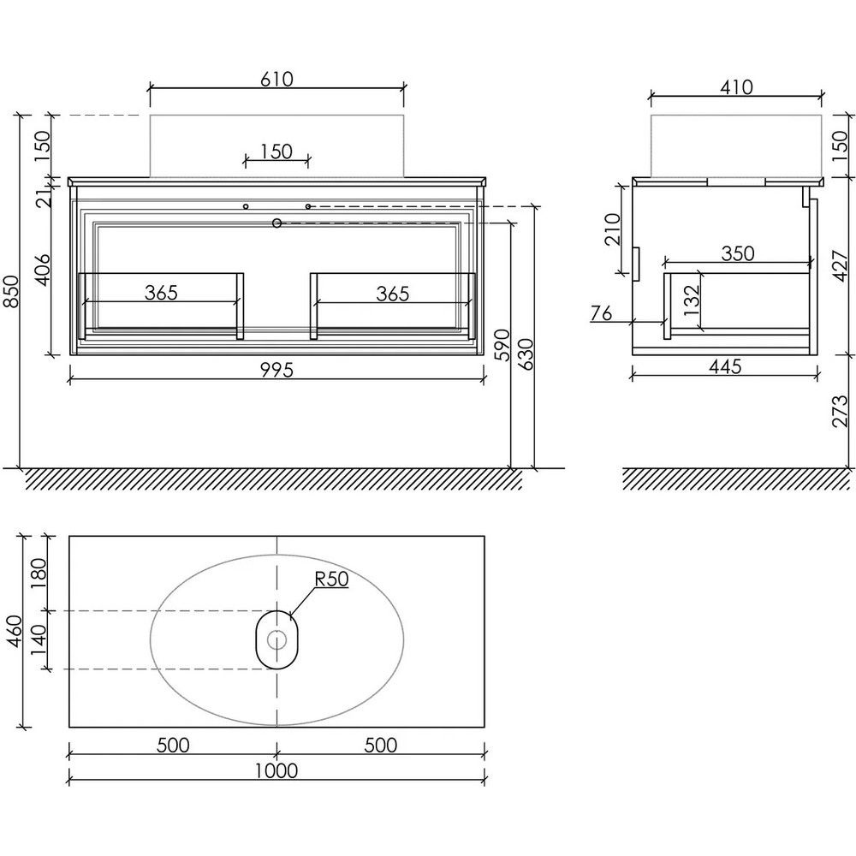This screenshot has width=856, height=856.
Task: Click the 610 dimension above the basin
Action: (x=276, y=79)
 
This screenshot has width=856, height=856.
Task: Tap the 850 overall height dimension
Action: (x=12, y=291)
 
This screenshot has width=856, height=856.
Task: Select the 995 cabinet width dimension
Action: (x=276, y=370)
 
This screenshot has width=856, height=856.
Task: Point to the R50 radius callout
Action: (x=331, y=579)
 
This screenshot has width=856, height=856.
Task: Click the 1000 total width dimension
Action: (x=276, y=771)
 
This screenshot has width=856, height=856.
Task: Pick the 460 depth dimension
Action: (x=15, y=632)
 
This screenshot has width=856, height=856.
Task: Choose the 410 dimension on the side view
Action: (x=736, y=87)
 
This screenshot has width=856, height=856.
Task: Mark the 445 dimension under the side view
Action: (x=726, y=366)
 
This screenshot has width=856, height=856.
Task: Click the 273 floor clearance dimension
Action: (x=841, y=411)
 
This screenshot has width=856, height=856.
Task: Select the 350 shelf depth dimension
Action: (x=738, y=253)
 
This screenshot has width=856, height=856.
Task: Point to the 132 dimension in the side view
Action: (x=691, y=300)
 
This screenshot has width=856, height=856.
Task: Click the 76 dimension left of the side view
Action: (x=602, y=313)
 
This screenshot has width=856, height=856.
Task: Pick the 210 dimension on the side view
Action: (x=613, y=229)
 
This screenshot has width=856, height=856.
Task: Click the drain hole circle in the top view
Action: (x=276, y=639)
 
